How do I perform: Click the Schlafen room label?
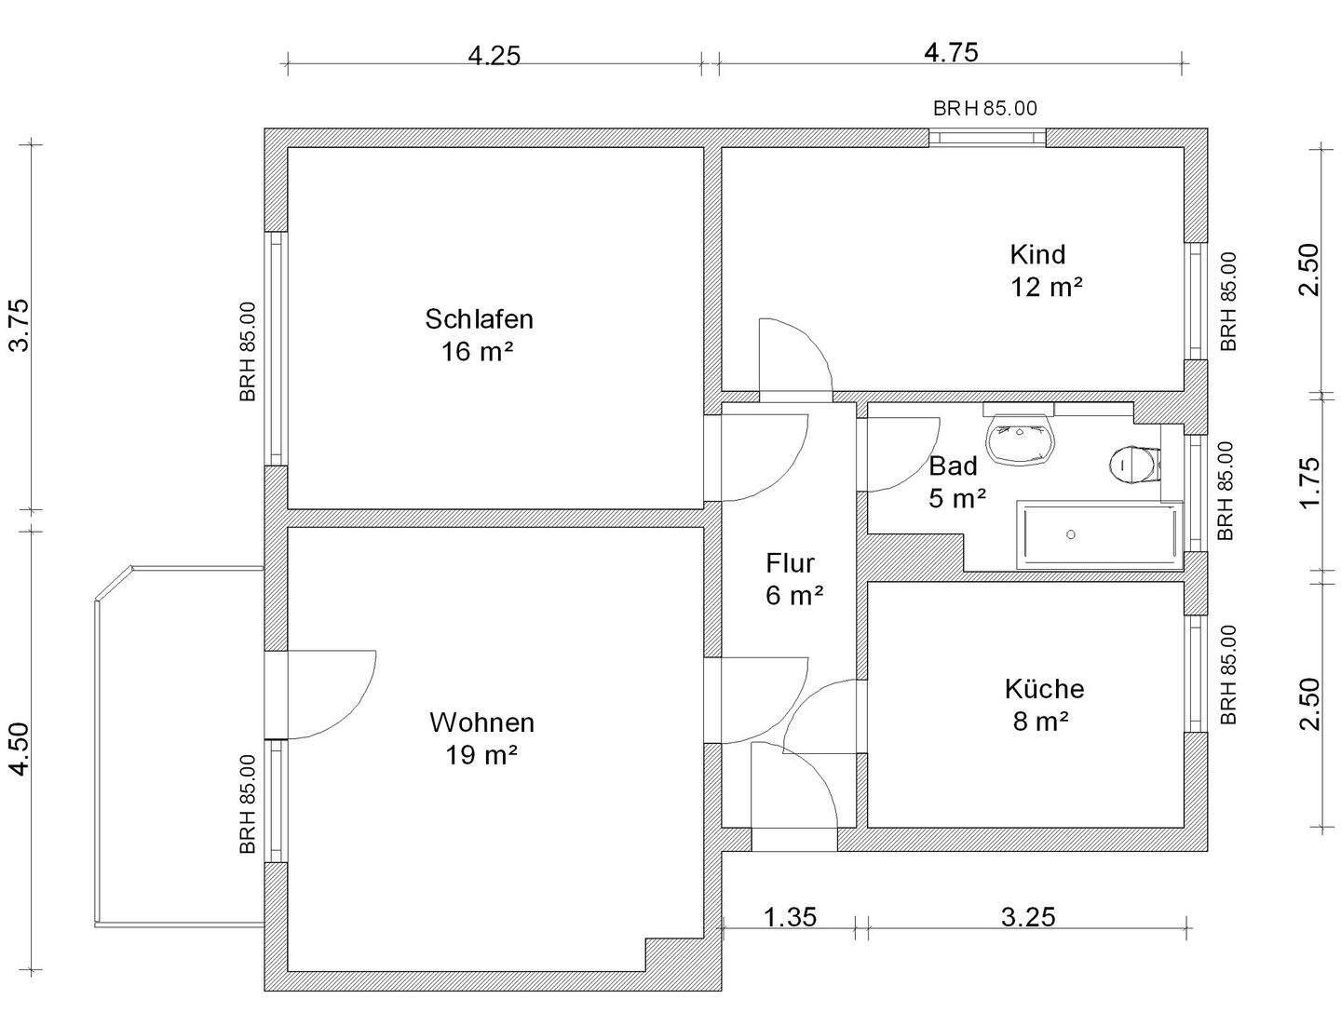coord(479,318)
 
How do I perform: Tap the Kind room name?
coord(1037,255)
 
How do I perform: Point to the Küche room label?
coord(1044,689)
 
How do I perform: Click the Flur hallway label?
coord(790,563)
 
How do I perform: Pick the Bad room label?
coord(953,466)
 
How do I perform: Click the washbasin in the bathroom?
coord(1021,439)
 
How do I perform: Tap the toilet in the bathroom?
coord(1133,466)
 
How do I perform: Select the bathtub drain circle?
coord(1070,534)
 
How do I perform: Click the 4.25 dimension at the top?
coord(494,56)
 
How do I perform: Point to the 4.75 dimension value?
coord(951,52)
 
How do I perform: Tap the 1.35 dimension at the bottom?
coord(790,917)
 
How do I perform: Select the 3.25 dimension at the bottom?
coord(1028,917)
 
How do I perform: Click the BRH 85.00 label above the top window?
coord(985,108)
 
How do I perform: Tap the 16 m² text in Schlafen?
coord(477,352)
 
